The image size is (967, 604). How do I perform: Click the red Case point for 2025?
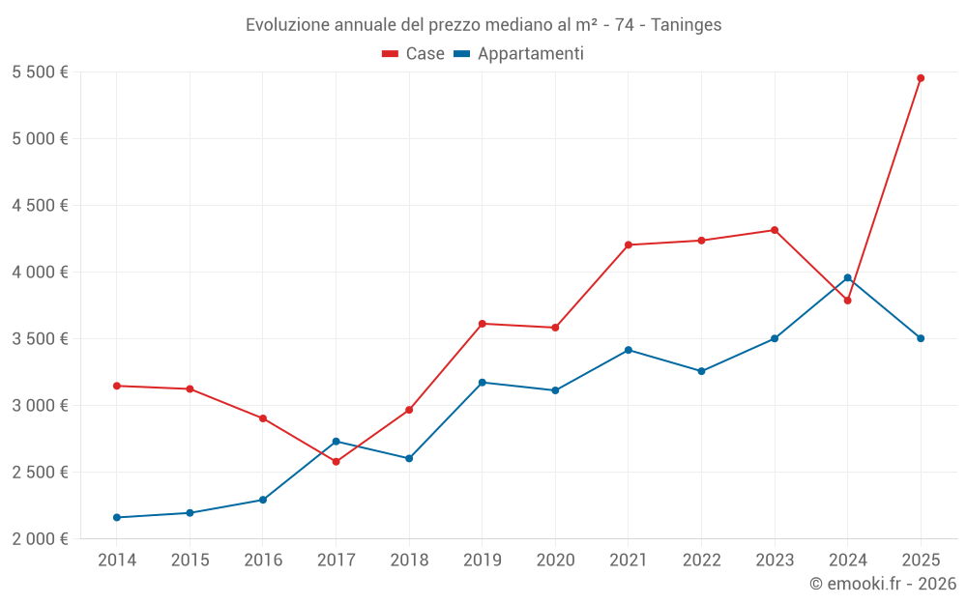tap(921, 78)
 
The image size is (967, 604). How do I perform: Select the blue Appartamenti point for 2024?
tap(847, 278)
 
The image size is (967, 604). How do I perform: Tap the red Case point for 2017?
tap(336, 462)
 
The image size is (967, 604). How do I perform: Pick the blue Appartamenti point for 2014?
tap(117, 518)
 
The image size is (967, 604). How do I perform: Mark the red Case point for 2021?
tap(629, 245)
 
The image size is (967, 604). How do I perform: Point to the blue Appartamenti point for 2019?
tap(483, 383)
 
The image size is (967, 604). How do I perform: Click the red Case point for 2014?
tap(117, 386)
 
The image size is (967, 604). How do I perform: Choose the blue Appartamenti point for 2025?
tap(921, 338)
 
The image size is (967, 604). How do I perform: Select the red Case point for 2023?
tap(775, 230)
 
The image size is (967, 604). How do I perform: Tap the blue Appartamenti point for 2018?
tap(409, 458)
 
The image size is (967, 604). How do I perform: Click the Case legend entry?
tap(414, 54)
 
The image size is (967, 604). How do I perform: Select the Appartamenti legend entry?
tap(519, 54)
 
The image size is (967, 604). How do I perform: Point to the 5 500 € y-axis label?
tap(40, 72)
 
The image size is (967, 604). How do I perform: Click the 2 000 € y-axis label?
tap(40, 539)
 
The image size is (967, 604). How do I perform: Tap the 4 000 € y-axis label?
tap(40, 273)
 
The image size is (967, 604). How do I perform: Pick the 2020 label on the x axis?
tap(555, 561)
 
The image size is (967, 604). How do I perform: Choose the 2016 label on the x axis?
tap(263, 561)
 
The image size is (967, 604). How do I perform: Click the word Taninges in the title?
tap(686, 25)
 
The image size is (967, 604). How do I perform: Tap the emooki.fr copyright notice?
tap(883, 584)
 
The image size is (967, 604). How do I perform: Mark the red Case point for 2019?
tap(483, 324)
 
